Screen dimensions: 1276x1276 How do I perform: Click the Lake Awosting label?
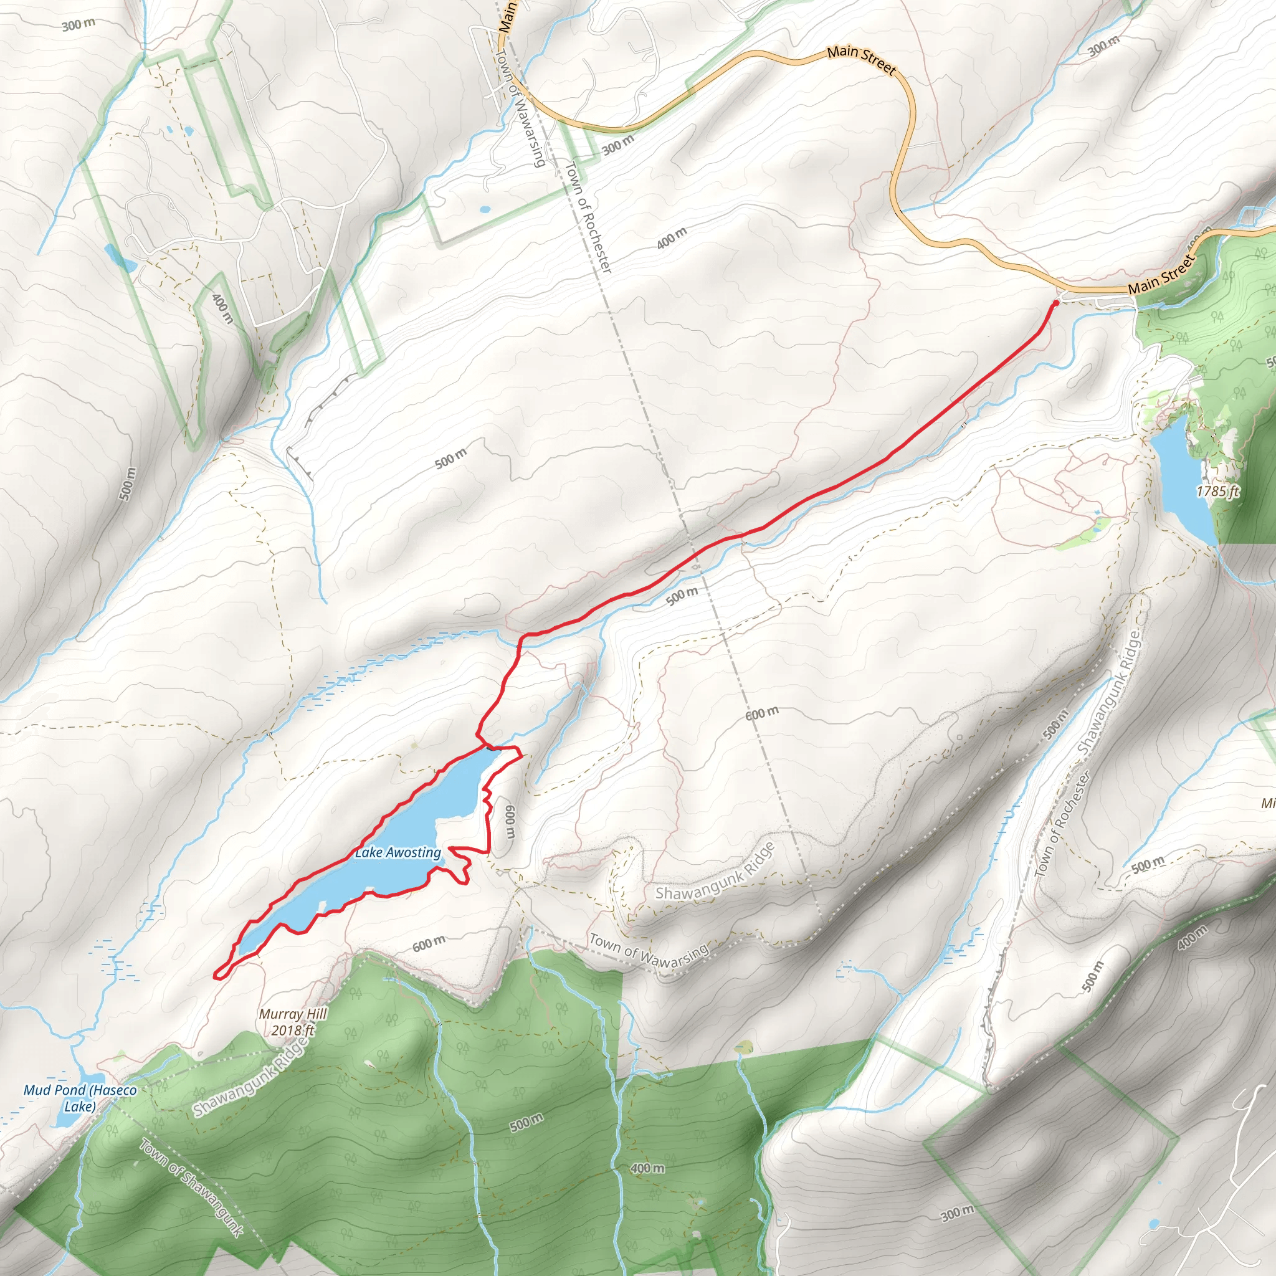click(x=398, y=853)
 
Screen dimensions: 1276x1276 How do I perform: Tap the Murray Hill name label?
click(x=293, y=1014)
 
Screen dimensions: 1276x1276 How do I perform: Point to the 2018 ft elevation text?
click(x=293, y=1030)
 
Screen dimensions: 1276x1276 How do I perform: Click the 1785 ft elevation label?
click(x=1217, y=491)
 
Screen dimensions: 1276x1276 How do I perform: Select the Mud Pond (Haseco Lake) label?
click(x=80, y=1098)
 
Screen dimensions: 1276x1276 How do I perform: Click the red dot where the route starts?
click(x=1055, y=302)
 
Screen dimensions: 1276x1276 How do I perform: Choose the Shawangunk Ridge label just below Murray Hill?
click(x=251, y=1077)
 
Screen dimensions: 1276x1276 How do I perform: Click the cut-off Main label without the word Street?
click(x=507, y=17)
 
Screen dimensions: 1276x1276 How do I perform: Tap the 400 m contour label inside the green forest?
click(x=647, y=1168)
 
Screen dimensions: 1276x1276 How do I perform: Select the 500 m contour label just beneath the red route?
click(x=682, y=596)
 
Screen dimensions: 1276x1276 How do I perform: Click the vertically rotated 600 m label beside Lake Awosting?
click(x=509, y=821)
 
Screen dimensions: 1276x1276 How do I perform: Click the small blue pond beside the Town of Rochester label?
click(x=485, y=210)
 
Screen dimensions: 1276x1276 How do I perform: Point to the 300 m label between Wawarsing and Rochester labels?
click(x=617, y=144)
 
